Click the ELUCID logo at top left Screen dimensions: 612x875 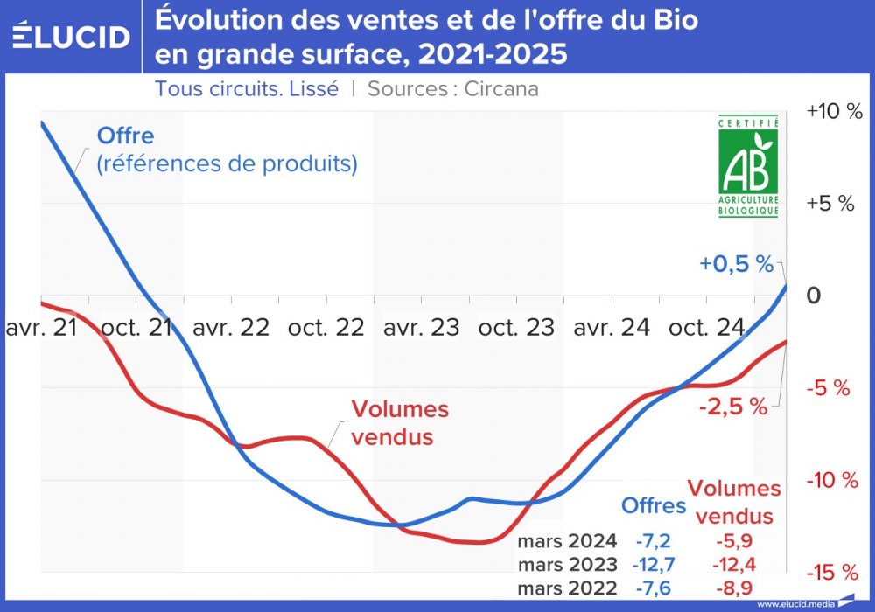click(72, 36)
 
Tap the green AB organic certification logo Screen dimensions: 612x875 click(748, 166)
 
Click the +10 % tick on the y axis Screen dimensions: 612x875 click(834, 111)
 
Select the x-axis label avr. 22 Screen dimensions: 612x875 click(231, 328)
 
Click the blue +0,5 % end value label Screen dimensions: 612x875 click(736, 264)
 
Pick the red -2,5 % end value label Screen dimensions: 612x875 click(732, 406)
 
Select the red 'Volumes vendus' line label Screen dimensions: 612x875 click(399, 423)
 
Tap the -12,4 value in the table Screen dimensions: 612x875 click(733, 565)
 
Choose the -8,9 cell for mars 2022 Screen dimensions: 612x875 click(733, 588)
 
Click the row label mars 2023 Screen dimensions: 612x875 click(567, 565)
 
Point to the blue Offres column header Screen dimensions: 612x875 click(654, 504)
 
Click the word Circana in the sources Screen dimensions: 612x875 click(501, 88)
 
